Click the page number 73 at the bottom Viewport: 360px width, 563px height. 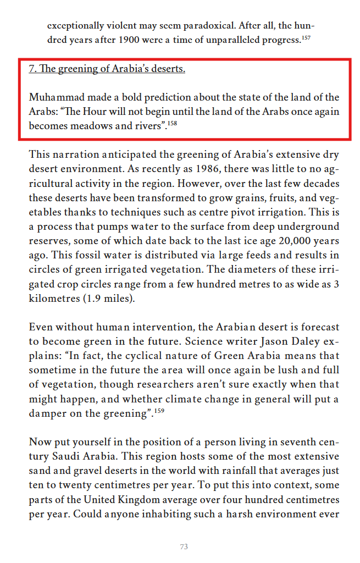(x=184, y=547)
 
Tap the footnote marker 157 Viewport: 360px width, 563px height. (x=307, y=38)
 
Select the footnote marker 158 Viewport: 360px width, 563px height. (x=173, y=124)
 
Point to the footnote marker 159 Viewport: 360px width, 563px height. (x=159, y=411)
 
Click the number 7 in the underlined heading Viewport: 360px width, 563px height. (x=32, y=69)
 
